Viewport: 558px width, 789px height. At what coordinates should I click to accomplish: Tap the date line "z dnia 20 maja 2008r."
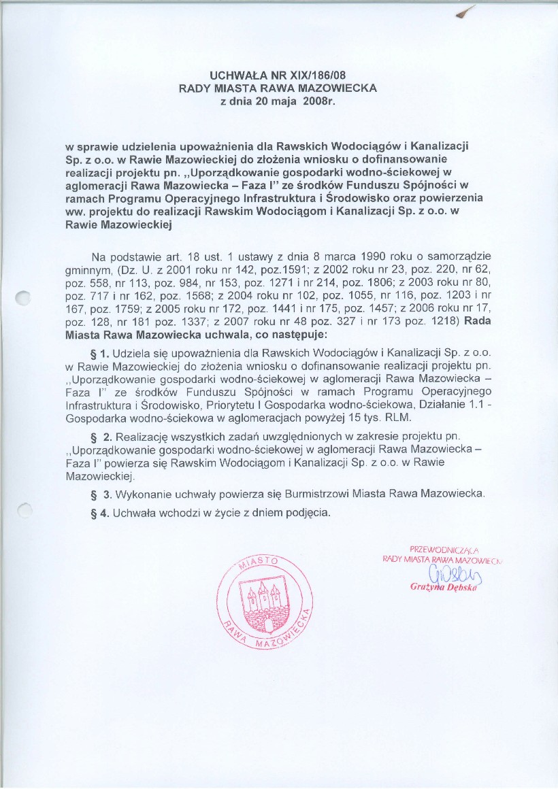[x=278, y=101]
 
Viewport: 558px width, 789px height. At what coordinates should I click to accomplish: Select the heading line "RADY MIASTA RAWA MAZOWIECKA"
[x=278, y=88]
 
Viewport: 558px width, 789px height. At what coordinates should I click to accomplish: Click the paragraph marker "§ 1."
[x=100, y=353]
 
